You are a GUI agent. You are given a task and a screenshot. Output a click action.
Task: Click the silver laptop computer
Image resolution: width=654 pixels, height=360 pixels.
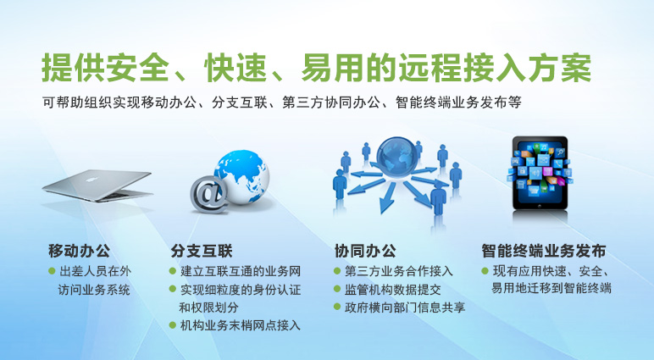point(98,186)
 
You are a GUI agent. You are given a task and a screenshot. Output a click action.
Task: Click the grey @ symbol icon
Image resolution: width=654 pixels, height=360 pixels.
point(209,194)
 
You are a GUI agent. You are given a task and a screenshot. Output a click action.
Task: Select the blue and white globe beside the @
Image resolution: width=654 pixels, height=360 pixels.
point(242,176)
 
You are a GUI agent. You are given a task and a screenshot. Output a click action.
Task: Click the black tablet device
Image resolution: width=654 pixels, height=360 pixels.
point(540,173)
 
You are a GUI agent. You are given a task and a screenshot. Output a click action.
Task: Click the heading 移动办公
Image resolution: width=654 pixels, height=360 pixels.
point(80,251)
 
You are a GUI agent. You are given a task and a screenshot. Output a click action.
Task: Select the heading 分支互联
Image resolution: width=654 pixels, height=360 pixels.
point(202,251)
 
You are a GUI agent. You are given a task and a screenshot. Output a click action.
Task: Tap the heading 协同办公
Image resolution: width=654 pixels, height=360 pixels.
point(365,251)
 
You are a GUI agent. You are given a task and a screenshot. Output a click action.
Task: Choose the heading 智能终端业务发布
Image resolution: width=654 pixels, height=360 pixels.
point(544,251)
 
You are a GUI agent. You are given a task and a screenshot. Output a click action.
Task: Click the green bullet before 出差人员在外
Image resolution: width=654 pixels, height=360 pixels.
point(52,271)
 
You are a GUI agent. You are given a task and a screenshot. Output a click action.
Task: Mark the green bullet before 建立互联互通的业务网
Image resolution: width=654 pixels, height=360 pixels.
point(173,271)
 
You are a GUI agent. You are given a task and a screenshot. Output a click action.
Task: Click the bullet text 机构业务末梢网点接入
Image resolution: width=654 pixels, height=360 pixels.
point(241,325)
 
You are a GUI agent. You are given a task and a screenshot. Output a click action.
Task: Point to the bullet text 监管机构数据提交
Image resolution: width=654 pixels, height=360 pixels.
point(393,290)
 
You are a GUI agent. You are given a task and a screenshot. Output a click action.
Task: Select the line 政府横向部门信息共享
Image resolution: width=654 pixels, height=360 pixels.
point(405,307)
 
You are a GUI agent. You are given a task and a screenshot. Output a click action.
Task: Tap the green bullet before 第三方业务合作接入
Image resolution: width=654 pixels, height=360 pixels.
point(337,271)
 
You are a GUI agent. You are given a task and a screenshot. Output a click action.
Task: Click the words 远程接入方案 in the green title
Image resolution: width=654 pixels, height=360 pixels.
point(495,68)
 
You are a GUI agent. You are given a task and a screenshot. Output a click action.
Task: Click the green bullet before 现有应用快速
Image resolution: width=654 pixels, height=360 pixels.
point(485,271)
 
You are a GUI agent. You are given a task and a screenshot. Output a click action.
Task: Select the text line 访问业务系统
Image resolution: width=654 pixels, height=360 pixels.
point(94,290)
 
